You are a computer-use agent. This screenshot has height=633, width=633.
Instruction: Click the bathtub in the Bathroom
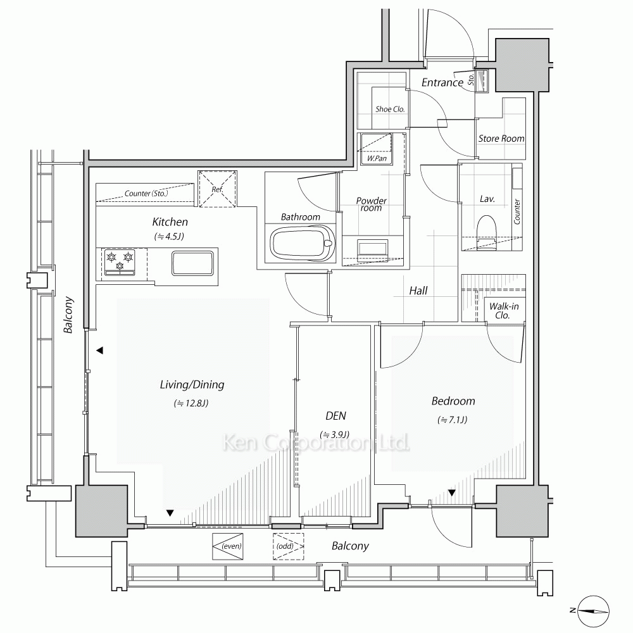[302, 244]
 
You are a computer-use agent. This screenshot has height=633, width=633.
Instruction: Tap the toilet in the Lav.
[486, 230]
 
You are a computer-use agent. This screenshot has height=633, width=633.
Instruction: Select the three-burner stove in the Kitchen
[120, 262]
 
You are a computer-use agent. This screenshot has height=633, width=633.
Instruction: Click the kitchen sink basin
[192, 263]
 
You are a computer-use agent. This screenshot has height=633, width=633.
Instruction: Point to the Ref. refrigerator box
[217, 189]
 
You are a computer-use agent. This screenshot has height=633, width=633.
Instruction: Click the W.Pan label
[377, 158]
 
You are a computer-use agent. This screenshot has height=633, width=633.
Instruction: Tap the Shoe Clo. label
[390, 109]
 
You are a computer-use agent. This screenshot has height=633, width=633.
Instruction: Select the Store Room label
[501, 139]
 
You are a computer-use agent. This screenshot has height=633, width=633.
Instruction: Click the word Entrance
[442, 82]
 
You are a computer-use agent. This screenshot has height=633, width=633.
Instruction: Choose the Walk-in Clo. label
[504, 310]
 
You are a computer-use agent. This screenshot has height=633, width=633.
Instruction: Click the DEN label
[335, 416]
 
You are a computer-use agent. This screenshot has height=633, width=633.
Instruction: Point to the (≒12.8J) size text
[191, 403]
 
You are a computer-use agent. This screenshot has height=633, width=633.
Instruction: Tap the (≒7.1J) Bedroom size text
[452, 420]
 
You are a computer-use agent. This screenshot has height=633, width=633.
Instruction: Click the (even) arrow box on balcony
[228, 546]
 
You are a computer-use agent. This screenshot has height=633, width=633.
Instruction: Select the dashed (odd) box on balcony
[288, 546]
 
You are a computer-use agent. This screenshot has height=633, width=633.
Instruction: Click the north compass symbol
[592, 611]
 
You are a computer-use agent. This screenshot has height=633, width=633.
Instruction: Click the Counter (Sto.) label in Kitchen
[146, 193]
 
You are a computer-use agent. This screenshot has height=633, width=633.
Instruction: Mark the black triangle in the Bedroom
[452, 493]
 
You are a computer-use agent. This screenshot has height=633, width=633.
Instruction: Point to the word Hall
[418, 291]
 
